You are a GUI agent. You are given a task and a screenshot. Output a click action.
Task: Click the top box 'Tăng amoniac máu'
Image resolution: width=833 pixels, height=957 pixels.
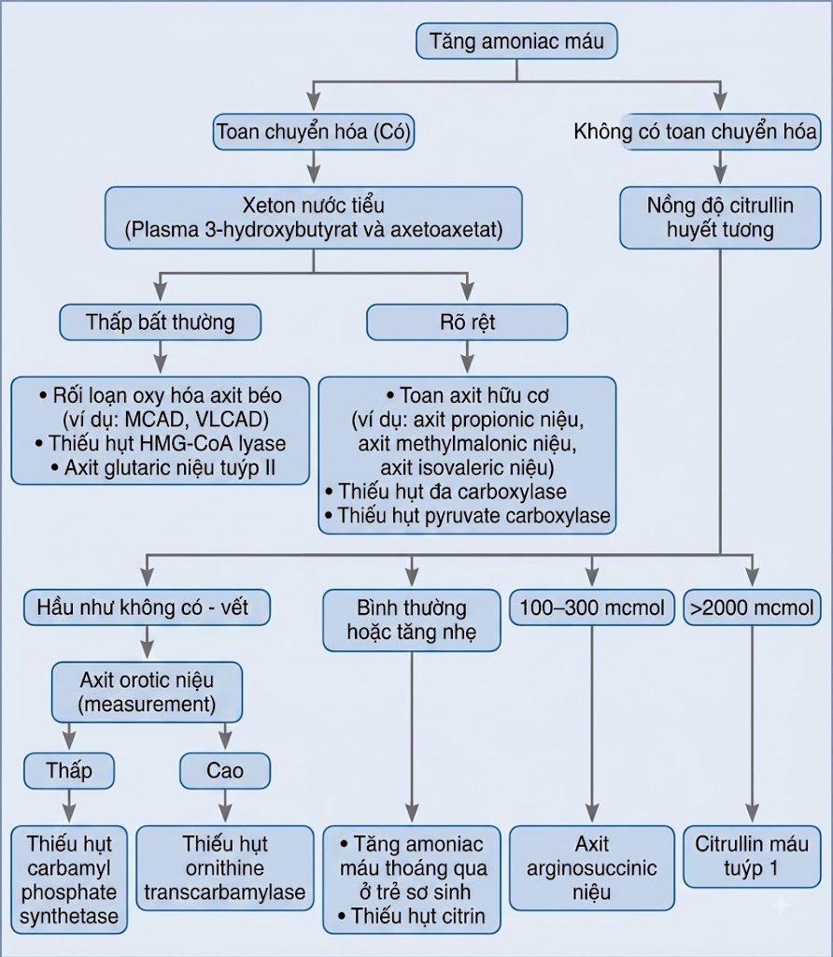click(516, 41)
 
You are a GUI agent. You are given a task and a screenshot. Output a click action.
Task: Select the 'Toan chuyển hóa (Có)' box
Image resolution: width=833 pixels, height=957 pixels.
click(314, 131)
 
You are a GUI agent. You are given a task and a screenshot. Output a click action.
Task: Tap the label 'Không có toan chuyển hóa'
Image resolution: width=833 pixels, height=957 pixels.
click(695, 131)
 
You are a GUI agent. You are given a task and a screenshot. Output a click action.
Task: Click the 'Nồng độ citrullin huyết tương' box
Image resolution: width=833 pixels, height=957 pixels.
click(720, 217)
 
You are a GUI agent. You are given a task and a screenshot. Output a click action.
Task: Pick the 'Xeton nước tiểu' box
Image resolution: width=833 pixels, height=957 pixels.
click(314, 217)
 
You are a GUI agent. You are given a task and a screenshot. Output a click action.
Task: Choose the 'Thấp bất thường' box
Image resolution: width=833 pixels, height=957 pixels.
click(161, 321)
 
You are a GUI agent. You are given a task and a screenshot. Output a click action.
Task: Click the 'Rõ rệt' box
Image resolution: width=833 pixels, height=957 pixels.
click(467, 321)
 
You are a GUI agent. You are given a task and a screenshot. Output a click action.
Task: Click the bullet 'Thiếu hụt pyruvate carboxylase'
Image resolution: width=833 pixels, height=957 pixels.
click(467, 516)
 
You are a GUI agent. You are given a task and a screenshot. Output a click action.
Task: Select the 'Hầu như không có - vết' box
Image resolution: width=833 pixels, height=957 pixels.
click(147, 607)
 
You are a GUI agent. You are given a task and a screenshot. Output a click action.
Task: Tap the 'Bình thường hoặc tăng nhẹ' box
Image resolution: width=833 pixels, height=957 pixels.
click(412, 620)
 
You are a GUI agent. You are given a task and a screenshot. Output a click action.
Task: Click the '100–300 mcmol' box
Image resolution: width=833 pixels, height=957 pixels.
click(592, 607)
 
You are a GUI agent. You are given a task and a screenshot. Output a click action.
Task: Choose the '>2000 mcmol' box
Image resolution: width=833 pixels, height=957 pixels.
click(752, 607)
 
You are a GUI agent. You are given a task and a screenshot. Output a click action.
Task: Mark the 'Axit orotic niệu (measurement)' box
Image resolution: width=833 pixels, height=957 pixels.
click(147, 693)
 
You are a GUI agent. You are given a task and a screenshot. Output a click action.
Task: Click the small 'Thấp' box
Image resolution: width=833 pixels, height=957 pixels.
click(69, 770)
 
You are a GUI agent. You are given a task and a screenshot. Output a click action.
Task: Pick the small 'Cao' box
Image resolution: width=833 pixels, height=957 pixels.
click(225, 770)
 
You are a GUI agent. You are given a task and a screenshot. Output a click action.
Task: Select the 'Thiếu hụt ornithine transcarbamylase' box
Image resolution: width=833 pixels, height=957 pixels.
click(225, 868)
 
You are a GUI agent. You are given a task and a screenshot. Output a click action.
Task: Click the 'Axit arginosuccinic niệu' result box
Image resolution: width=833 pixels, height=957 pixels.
click(592, 868)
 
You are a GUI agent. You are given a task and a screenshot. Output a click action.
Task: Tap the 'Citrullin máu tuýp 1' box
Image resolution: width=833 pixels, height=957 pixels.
click(752, 856)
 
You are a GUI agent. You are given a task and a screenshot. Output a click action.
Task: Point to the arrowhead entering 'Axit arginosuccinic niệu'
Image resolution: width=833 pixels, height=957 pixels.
click(592, 815)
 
